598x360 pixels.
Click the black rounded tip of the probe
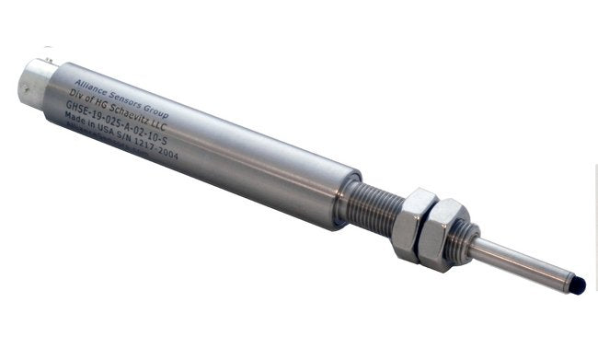[577, 286]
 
